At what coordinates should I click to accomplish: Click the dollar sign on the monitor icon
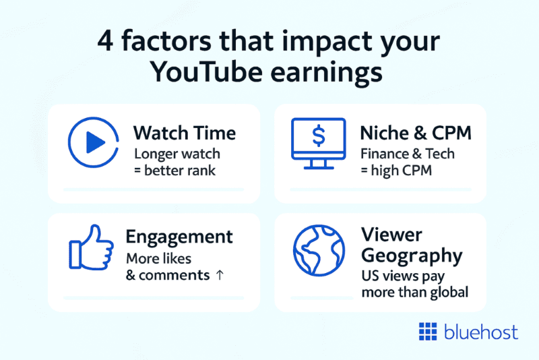coord(318,135)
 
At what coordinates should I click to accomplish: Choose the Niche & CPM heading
coord(415,133)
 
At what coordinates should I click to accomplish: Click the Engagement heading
coord(180,237)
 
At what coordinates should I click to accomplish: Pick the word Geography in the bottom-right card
coord(412,256)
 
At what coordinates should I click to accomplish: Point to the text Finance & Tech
coord(407,154)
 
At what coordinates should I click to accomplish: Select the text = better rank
coord(175,171)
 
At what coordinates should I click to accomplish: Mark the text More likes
coord(159,259)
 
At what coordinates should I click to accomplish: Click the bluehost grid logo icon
coord(428,332)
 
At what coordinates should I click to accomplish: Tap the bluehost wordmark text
coord(480,332)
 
